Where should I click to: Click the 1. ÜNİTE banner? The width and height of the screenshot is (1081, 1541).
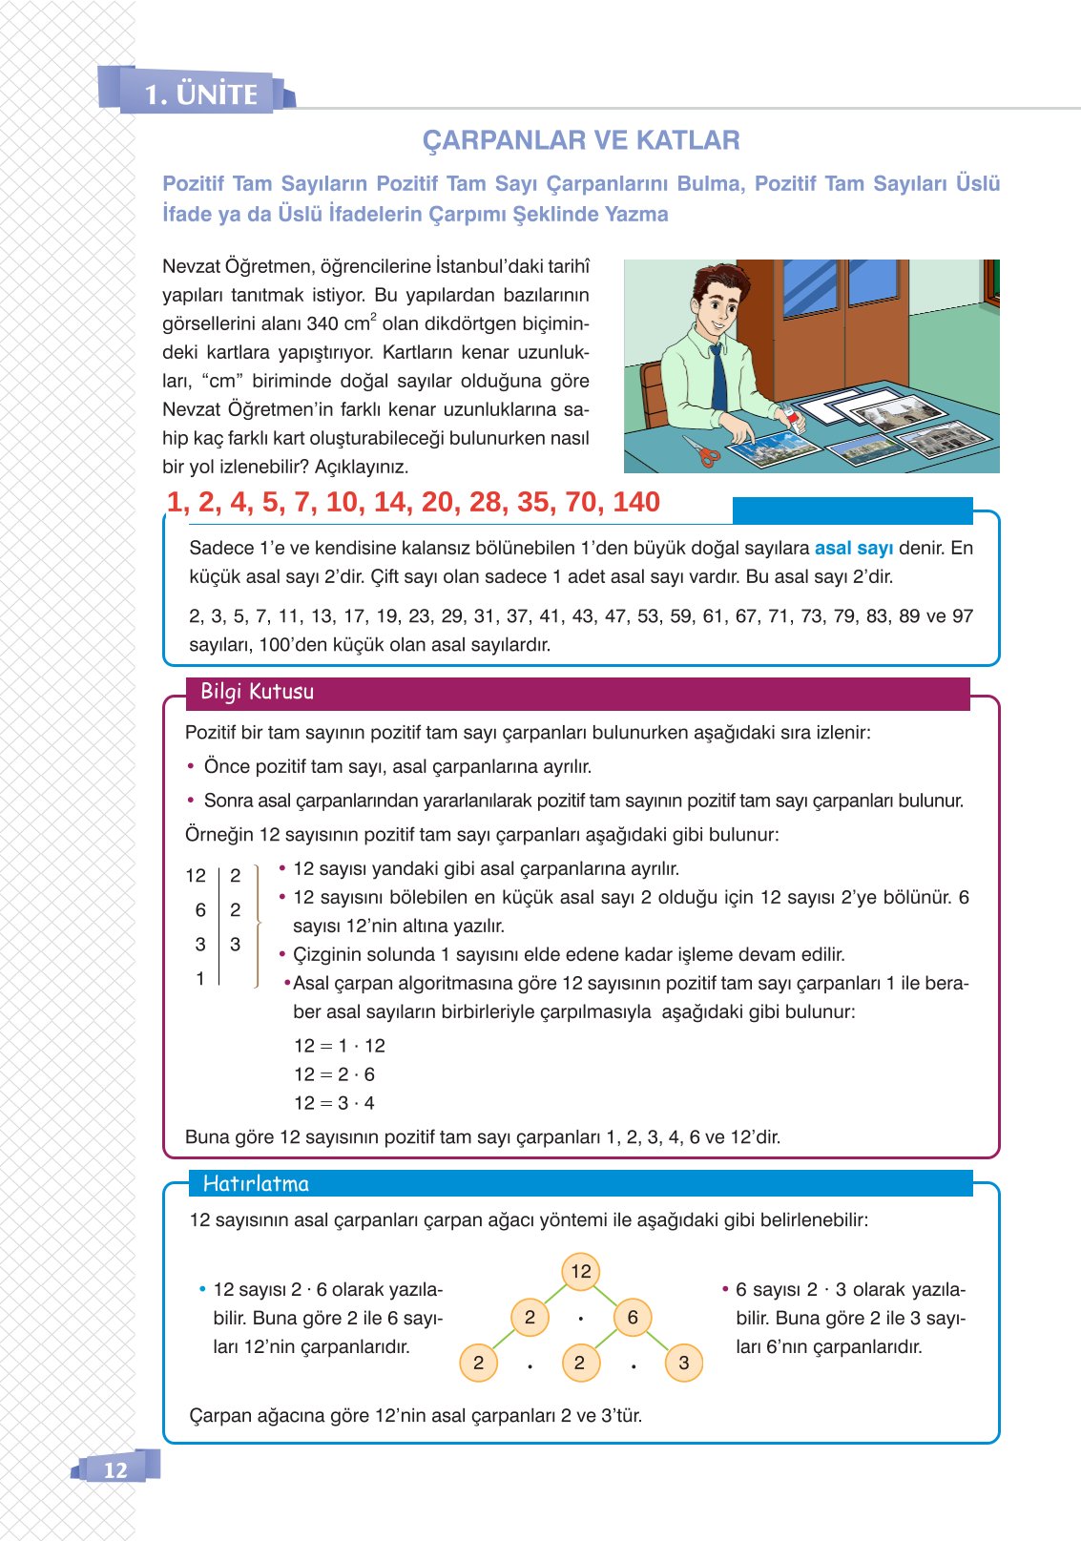[201, 94]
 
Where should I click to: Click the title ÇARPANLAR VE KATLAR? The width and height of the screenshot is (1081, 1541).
[581, 140]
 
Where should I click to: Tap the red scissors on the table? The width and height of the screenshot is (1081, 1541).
[702, 449]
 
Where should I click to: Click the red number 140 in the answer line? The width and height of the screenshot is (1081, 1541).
[636, 502]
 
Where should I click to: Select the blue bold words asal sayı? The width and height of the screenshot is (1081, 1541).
[853, 548]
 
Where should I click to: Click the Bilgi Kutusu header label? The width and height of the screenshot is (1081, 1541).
[257, 692]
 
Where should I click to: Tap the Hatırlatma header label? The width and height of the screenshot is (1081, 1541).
[256, 1184]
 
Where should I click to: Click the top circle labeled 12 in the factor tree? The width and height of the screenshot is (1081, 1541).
[581, 1271]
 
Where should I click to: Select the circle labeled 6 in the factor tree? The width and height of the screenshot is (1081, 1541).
[632, 1318]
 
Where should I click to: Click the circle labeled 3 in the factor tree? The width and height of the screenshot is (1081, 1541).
[683, 1363]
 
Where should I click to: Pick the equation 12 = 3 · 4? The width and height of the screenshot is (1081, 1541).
[334, 1103]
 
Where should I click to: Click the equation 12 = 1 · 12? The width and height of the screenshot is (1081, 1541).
[339, 1046]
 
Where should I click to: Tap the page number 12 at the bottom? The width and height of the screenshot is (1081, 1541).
[114, 1469]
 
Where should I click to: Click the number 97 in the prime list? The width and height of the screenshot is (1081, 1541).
[962, 615]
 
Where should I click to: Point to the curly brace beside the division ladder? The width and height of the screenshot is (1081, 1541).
[258, 924]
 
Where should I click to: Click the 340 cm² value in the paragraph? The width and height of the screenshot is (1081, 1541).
[343, 323]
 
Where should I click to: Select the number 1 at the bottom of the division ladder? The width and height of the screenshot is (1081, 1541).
[200, 978]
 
